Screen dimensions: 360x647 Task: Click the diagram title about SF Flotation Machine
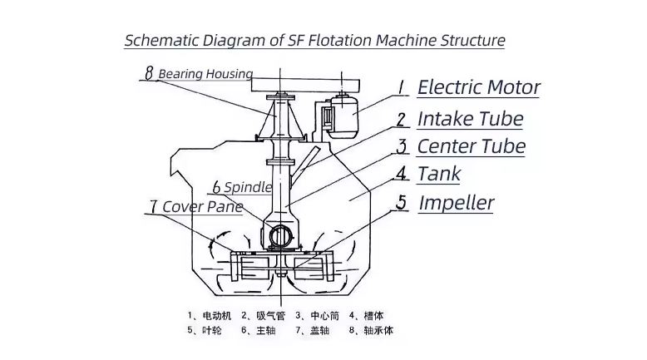(314, 40)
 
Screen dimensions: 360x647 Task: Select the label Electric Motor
(478, 87)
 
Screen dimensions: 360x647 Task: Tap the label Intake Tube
(470, 119)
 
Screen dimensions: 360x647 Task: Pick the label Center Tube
(471, 147)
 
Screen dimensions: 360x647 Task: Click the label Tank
(438, 174)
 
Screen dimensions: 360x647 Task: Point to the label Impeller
(456, 202)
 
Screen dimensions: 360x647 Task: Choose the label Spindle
(247, 187)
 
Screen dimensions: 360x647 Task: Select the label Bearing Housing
(205, 74)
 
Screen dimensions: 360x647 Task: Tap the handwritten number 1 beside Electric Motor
(401, 86)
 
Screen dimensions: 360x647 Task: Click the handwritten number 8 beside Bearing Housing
(149, 73)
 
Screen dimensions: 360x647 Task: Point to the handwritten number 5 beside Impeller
(401, 202)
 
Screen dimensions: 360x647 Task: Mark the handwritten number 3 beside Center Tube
(401, 147)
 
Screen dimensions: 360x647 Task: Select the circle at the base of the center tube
(279, 237)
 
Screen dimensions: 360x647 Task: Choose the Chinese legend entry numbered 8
(370, 330)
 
